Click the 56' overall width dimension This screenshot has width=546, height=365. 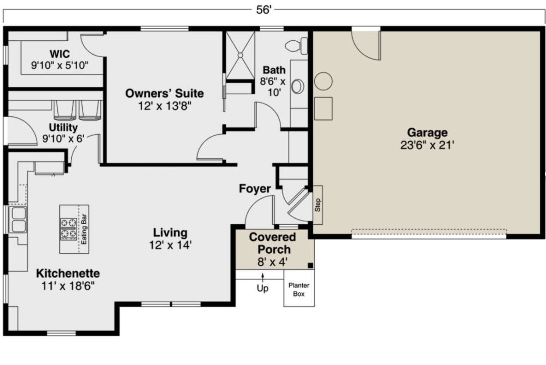[263, 10]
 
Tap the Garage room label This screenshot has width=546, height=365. [427, 132]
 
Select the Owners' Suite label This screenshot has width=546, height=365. [164, 93]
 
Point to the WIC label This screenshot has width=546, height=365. [60, 54]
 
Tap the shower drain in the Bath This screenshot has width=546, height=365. [240, 55]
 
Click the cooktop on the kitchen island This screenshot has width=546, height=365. [69, 228]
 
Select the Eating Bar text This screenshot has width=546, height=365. [84, 229]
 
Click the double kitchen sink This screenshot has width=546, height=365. [18, 220]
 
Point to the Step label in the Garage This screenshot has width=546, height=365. [318, 205]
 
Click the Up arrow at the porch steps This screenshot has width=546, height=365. [263, 278]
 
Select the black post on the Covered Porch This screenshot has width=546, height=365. [310, 266]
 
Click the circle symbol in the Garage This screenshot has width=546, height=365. [324, 81]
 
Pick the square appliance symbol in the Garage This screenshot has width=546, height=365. [323, 109]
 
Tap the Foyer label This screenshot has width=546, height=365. [255, 189]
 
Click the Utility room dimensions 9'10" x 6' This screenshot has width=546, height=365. [63, 139]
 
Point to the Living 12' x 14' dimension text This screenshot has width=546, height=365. [170, 245]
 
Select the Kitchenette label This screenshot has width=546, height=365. [68, 273]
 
